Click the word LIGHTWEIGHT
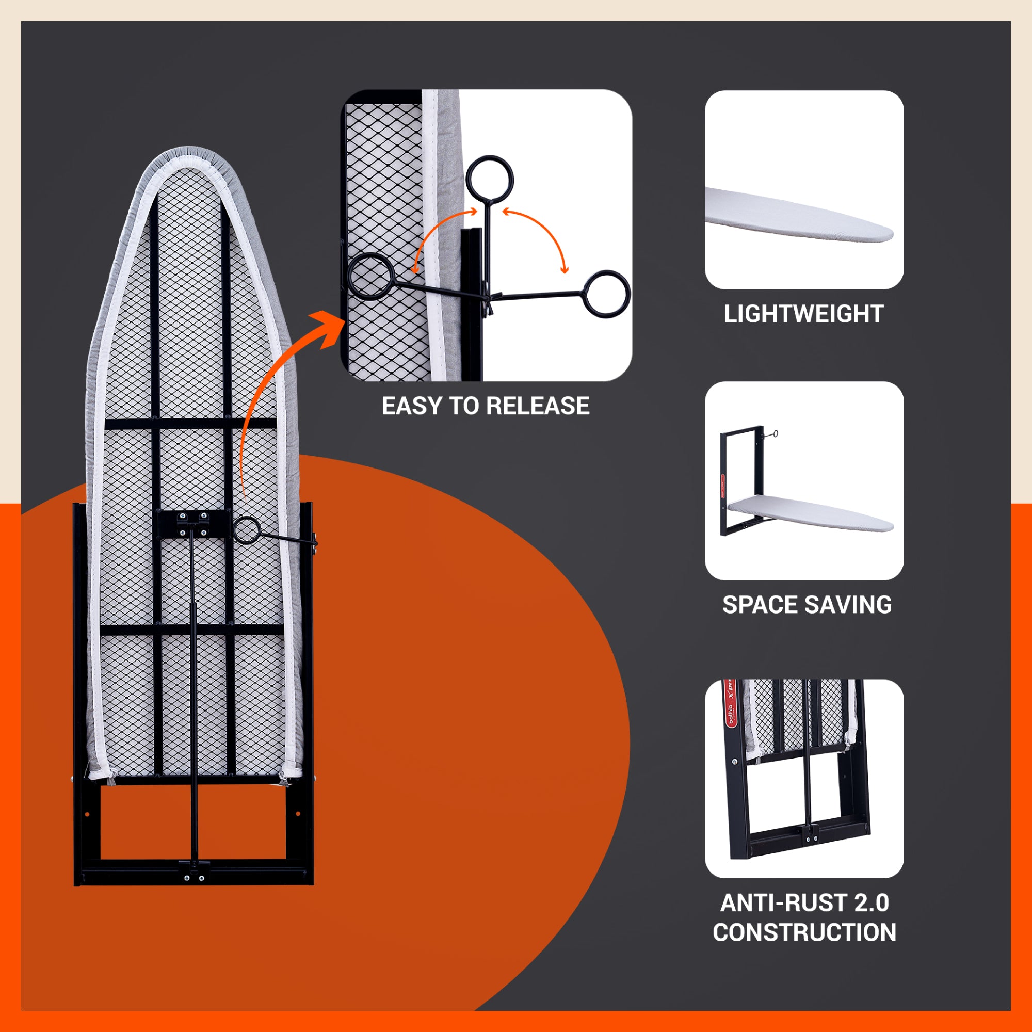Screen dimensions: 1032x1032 tap(803, 314)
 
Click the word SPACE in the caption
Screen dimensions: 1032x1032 tap(760, 605)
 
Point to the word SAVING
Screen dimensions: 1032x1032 tap(848, 605)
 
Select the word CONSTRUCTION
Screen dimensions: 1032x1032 tap(804, 932)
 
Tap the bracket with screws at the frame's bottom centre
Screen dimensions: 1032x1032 tap(193, 870)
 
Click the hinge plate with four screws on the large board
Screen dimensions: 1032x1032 tap(193, 523)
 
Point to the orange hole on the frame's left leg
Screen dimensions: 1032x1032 tap(88, 815)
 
